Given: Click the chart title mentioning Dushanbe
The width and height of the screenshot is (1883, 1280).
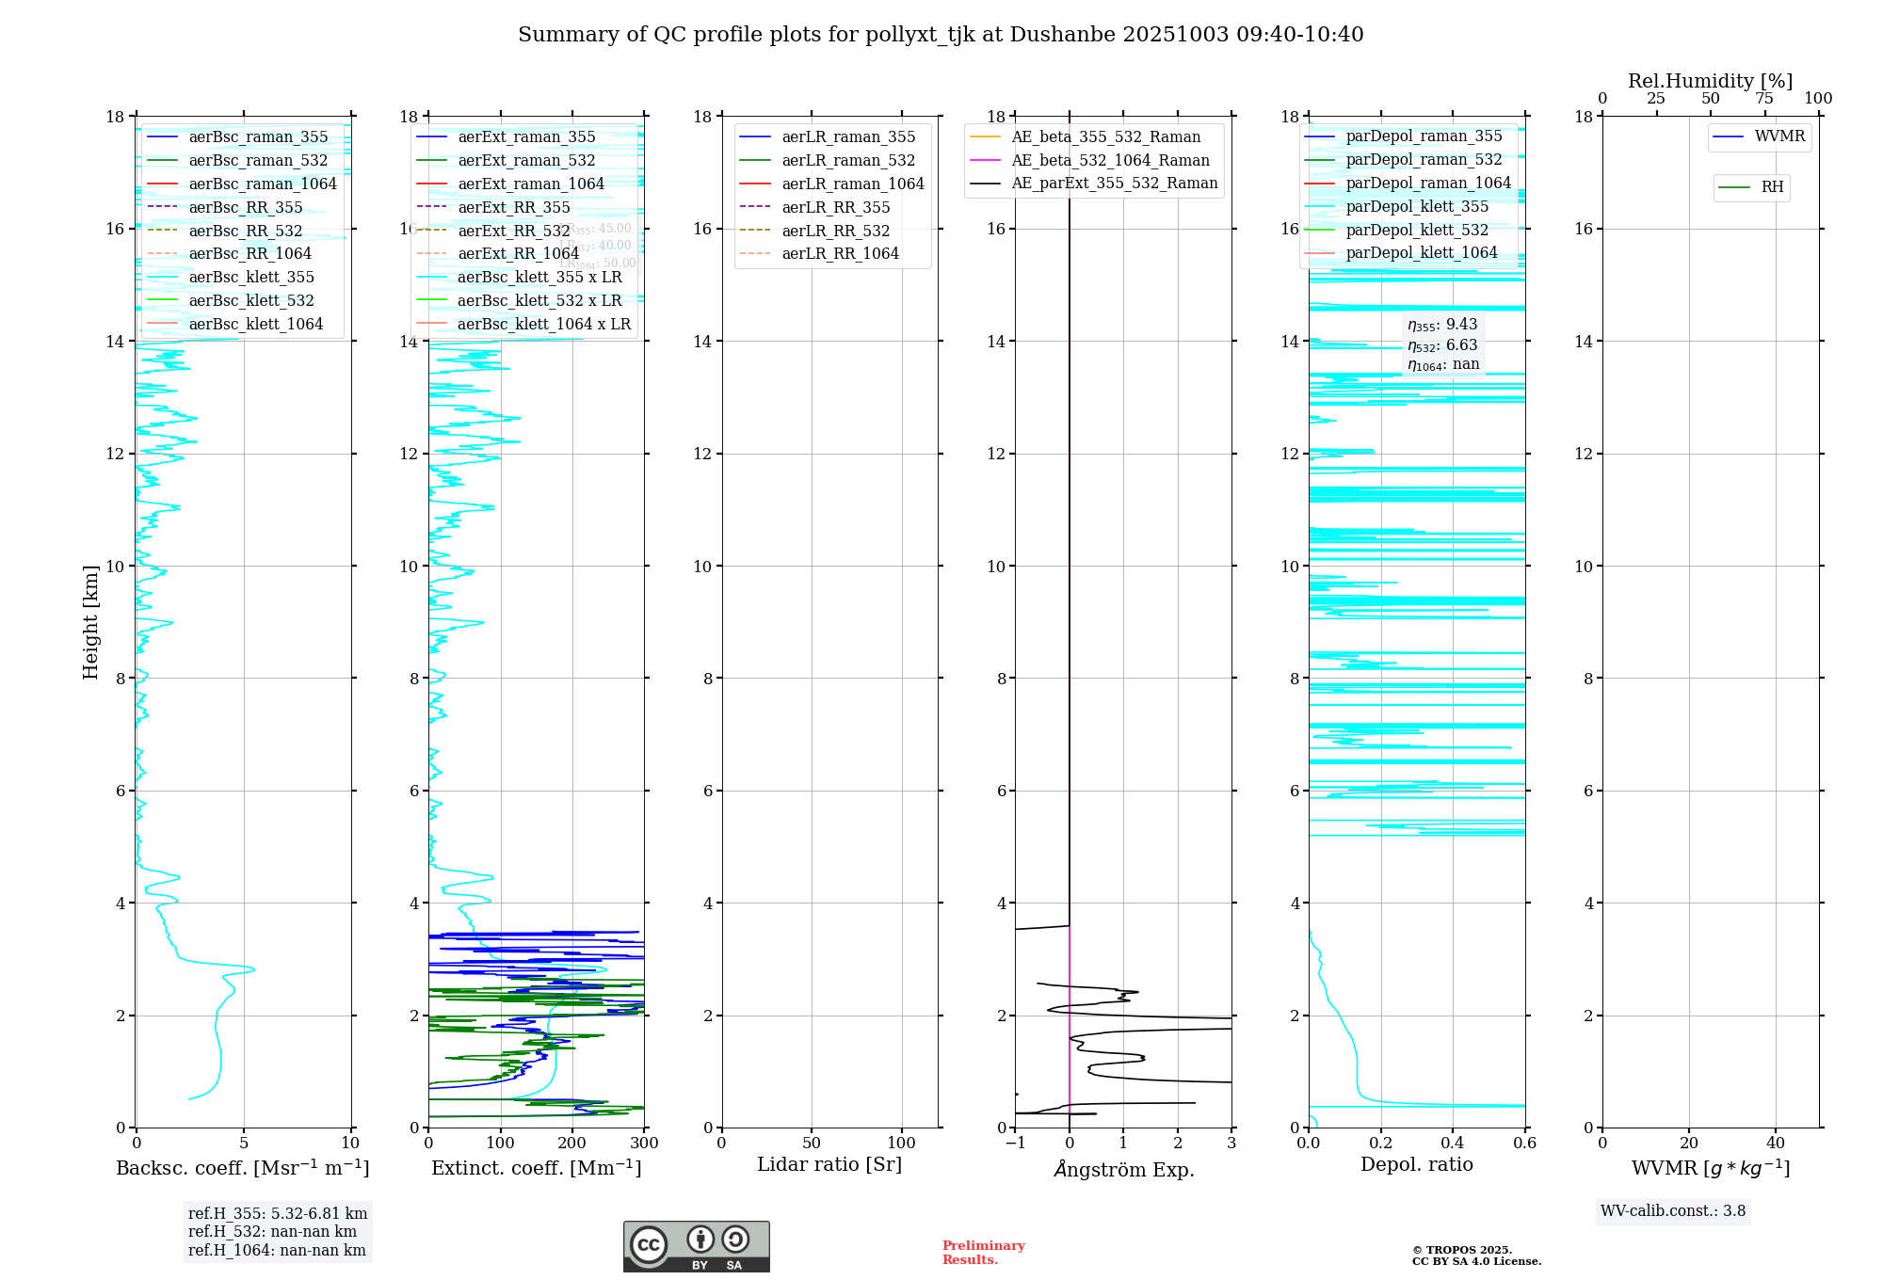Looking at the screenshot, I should [x=941, y=35].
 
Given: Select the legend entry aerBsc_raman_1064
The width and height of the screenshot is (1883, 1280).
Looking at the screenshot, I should [x=262, y=184].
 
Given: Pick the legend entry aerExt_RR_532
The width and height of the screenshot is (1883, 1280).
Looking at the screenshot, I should [x=513, y=231].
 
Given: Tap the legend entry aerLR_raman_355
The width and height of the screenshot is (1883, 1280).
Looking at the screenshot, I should [x=847, y=137].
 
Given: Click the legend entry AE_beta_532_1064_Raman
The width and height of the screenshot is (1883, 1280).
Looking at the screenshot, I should [x=1110, y=160].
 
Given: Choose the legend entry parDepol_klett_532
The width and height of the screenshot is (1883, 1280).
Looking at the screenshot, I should [x=1417, y=230].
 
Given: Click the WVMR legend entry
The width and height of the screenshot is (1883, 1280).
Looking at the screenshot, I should [x=1779, y=136].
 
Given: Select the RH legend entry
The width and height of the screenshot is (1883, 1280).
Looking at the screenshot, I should [x=1772, y=187].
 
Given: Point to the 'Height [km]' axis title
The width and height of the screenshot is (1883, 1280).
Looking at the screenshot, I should [x=90, y=622].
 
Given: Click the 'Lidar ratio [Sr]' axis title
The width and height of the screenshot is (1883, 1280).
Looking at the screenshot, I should [x=829, y=1164].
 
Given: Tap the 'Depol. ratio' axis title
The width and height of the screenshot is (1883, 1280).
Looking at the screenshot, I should [x=1417, y=1164].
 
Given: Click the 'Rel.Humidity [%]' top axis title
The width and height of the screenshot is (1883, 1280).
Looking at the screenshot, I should [x=1710, y=81].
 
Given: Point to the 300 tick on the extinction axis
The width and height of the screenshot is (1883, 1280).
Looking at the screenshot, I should [x=645, y=1144].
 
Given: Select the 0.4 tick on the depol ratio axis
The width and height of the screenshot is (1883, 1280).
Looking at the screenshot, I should [x=1453, y=1144].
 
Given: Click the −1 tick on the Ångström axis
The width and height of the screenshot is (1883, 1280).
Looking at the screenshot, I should [x=1015, y=1144].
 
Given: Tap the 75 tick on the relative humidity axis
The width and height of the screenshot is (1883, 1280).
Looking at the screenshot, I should [x=1764, y=99].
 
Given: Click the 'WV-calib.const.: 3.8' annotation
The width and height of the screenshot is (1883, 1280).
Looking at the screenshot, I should [x=1673, y=1211].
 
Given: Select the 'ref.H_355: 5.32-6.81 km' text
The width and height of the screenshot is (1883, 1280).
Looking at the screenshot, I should [x=278, y=1214].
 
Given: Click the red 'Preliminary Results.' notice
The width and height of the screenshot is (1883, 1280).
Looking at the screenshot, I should [x=983, y=1253].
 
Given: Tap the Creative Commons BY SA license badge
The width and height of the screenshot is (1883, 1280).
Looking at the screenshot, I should [x=696, y=1247].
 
